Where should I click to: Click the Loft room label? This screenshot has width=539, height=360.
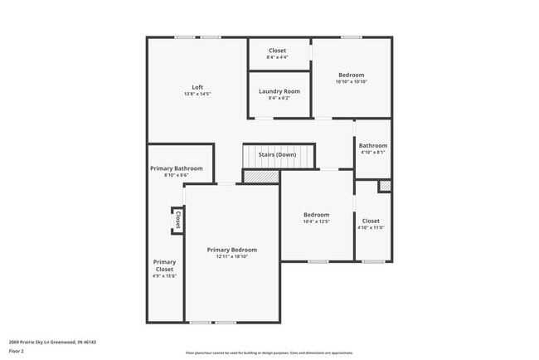197,87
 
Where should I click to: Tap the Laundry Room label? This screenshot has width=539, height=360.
279,91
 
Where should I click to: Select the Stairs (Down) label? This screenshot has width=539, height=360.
277,155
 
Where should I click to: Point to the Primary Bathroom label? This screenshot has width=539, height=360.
176,168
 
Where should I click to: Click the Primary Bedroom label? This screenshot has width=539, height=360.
232,250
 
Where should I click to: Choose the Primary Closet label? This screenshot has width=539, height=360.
165,265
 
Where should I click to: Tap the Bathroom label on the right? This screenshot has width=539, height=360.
373,146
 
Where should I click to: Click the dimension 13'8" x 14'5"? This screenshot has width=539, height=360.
197,94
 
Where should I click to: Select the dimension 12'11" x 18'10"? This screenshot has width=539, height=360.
232,256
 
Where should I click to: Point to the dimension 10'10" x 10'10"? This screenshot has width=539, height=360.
351,81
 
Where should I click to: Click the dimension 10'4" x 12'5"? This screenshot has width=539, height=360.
316,221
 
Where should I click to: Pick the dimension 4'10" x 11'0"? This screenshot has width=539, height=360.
371,227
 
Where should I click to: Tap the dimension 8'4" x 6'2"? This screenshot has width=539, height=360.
279,98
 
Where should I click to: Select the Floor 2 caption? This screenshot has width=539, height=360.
17,351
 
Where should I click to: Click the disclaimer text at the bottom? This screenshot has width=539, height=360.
269,352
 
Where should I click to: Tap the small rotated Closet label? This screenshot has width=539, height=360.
178,219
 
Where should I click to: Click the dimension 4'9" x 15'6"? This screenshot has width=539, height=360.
165,275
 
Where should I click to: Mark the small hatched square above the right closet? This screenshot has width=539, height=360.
385,186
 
